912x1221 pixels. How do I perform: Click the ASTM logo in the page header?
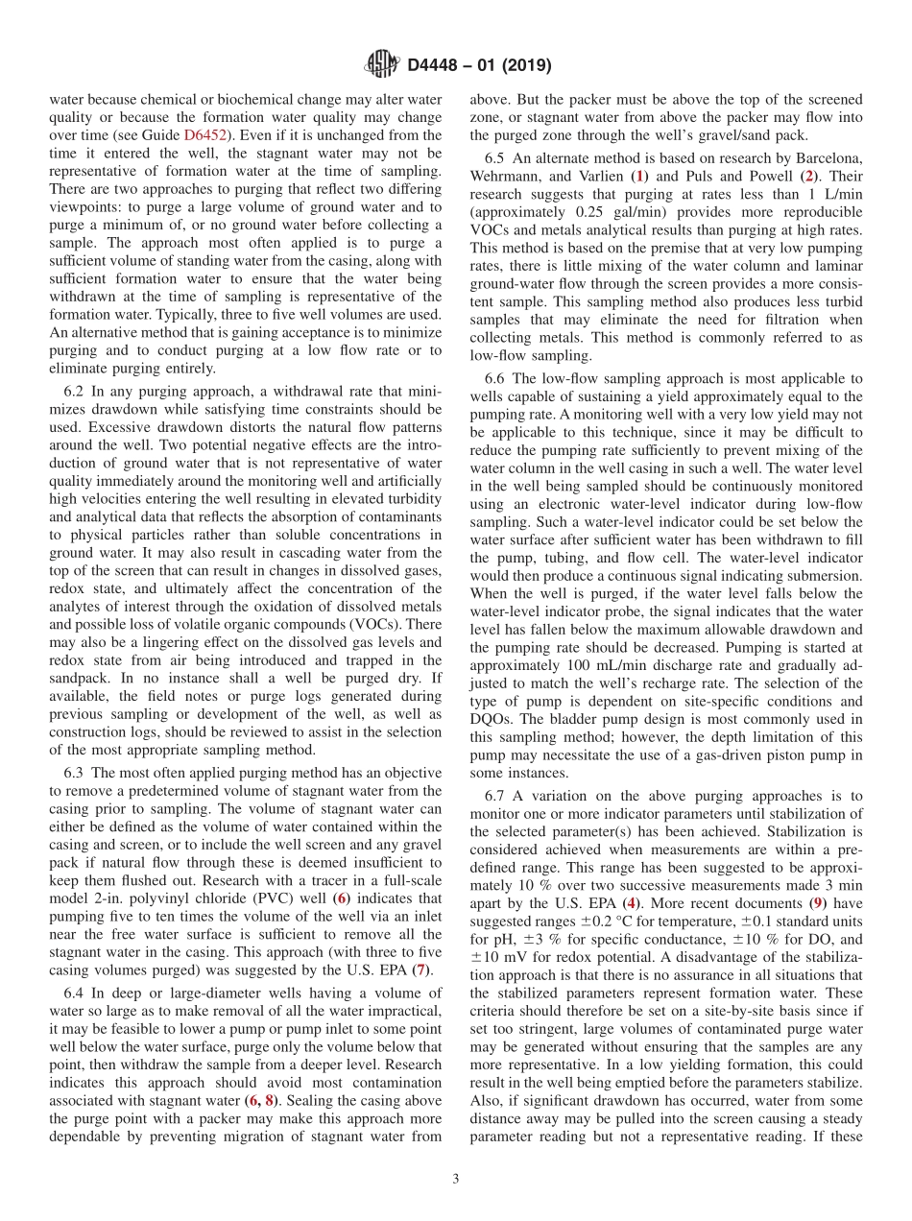(382, 64)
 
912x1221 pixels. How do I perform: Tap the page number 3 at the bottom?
(455, 1179)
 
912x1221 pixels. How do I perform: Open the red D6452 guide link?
(203, 135)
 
